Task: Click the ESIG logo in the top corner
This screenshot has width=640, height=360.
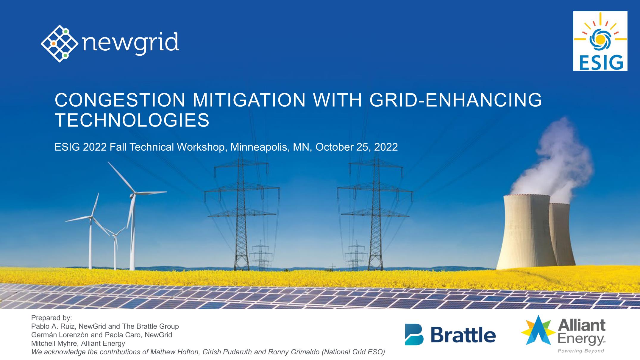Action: click(600, 41)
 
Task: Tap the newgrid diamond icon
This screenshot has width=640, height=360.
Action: click(60, 44)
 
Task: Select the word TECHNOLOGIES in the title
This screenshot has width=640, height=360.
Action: click(132, 120)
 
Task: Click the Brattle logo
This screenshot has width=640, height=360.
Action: click(450, 334)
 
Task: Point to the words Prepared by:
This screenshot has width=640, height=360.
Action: click(51, 318)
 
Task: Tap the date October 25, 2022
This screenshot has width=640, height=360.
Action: click(357, 147)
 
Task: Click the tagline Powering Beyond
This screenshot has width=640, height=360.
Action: click(581, 351)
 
